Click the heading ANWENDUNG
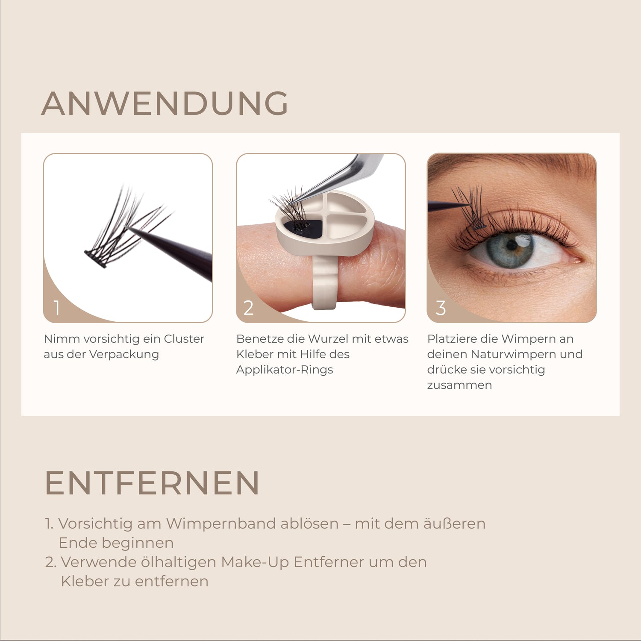click(x=165, y=103)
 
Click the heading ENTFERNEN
click(x=152, y=483)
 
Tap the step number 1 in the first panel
click(x=57, y=308)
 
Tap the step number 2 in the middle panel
click(x=249, y=308)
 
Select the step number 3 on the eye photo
click(x=441, y=308)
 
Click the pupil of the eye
click(x=512, y=246)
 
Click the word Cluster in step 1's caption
click(x=184, y=339)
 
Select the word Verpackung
click(x=124, y=355)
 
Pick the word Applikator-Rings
click(x=285, y=370)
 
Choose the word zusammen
click(x=459, y=385)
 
